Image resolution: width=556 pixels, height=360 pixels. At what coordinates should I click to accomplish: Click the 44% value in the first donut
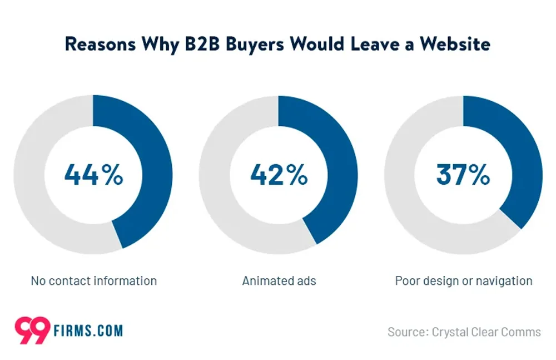pyautogui.click(x=93, y=175)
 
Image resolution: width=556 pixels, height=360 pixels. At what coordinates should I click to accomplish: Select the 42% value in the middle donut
pyautogui.click(x=279, y=175)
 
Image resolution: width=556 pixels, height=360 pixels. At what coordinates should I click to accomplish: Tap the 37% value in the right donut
pyautogui.click(x=463, y=175)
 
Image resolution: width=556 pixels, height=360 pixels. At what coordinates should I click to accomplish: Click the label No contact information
pyautogui.click(x=93, y=280)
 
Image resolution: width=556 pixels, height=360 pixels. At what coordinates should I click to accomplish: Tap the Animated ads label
pyautogui.click(x=279, y=280)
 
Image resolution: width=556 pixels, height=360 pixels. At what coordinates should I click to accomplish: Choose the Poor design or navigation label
pyautogui.click(x=463, y=280)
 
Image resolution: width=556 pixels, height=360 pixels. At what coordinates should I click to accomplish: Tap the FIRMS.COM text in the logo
pyautogui.click(x=88, y=331)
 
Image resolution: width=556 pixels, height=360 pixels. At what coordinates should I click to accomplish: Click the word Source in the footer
pyautogui.click(x=406, y=332)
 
